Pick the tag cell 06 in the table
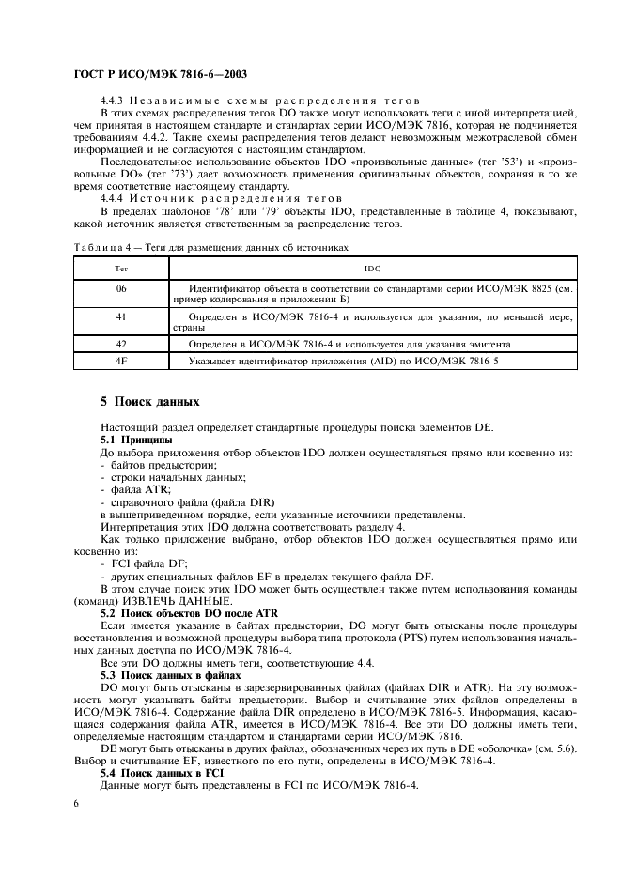[121, 289]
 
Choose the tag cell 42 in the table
[121, 345]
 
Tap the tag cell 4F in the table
[121, 360]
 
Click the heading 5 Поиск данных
[150, 402]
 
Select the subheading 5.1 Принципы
[136, 439]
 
